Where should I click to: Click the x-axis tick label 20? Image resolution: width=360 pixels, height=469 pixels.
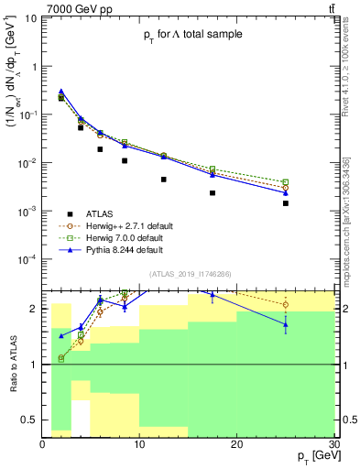(236, 443)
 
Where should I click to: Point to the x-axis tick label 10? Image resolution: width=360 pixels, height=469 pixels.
(139, 443)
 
